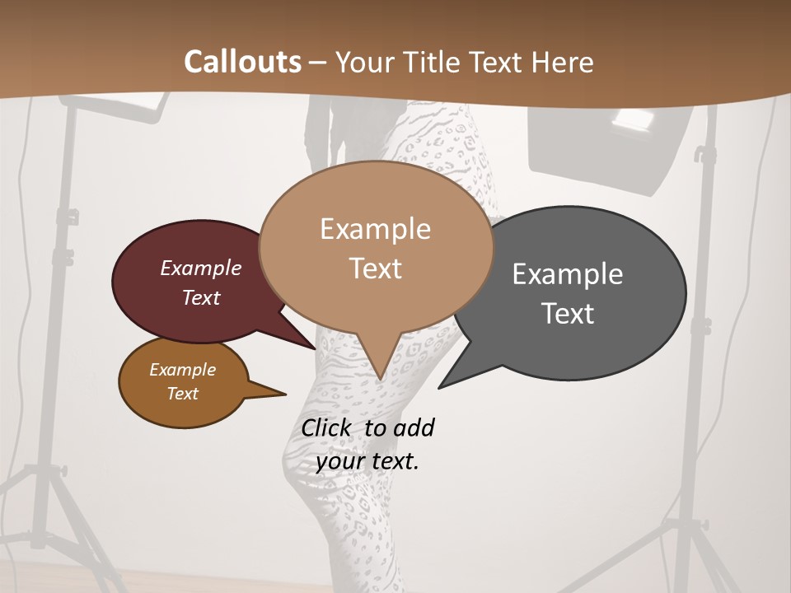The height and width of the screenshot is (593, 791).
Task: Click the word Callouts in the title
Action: (x=242, y=62)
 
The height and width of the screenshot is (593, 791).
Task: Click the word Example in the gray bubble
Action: (x=567, y=273)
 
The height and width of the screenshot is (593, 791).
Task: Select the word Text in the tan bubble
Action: (x=376, y=268)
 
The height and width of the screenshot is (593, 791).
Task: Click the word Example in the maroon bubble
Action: (x=201, y=268)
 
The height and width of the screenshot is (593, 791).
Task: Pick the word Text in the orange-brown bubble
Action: (x=183, y=394)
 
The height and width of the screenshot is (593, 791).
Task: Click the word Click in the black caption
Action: (x=329, y=427)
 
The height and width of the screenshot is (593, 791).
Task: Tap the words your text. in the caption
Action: (x=367, y=461)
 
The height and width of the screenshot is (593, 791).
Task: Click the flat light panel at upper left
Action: (x=115, y=107)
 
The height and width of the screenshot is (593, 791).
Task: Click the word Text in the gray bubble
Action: (x=569, y=314)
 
